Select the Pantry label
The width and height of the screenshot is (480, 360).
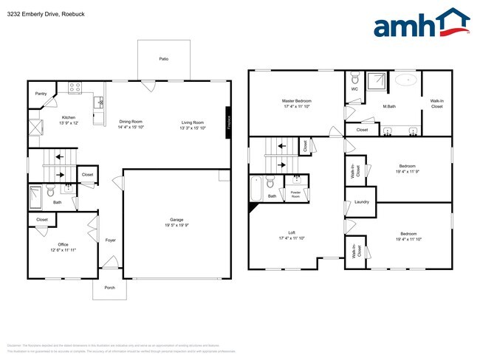pos(41,94)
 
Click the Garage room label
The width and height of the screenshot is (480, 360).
pos(176,220)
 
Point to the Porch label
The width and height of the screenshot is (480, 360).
pos(109,287)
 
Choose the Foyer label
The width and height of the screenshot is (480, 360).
pos(110,240)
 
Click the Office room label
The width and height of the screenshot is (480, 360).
pos(63,244)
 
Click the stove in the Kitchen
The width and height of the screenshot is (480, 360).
pos(75,88)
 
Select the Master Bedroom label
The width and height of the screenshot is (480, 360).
pos(296,100)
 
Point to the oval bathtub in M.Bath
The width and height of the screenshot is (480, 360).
pos(405,78)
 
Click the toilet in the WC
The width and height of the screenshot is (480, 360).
pos(354,78)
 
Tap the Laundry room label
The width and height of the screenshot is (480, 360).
pos(361,201)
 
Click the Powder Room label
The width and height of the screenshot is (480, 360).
pos(295,194)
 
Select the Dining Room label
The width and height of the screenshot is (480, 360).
pos(131,121)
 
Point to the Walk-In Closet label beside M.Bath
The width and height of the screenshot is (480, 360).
pos(436,103)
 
